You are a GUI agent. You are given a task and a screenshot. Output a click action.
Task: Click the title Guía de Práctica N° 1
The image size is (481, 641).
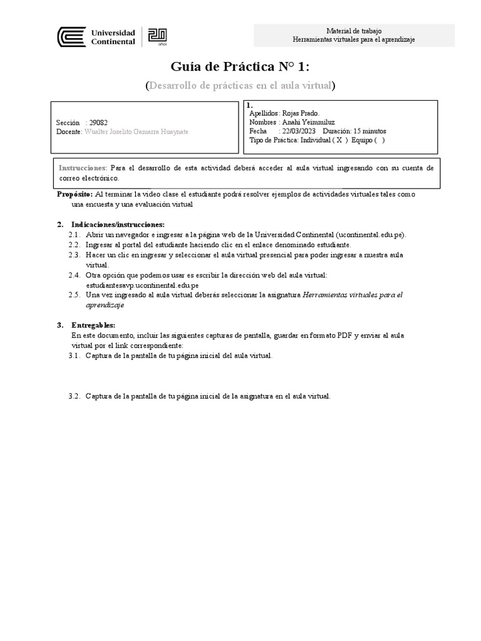[240, 67]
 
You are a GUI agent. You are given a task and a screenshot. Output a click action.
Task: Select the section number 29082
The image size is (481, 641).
[98, 123]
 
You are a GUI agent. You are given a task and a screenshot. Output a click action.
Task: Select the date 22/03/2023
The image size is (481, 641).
[299, 131]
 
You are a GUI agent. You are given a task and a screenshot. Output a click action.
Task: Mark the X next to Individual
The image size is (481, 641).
[339, 140]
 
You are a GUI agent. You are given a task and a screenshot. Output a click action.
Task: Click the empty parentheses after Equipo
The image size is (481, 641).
[379, 140]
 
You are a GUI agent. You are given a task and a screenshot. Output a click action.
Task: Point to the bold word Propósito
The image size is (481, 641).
[75, 195]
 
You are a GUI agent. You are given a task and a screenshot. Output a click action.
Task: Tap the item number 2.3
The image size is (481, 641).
[74, 255]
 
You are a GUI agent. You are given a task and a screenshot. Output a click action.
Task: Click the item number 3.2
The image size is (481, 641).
[74, 396]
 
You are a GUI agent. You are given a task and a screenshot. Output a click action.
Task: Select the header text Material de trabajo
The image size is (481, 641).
[354, 31]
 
